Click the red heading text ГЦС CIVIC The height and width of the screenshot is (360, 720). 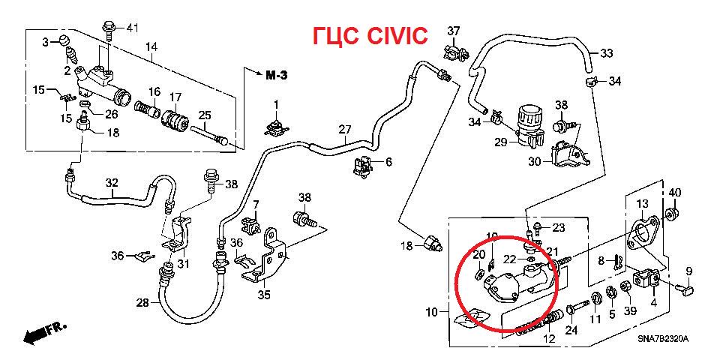click(x=371, y=36)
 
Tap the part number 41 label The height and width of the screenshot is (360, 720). click(x=132, y=28)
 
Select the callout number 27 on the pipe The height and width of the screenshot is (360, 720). click(x=344, y=128)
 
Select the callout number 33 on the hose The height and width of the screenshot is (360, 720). click(x=607, y=53)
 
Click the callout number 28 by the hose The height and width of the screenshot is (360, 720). click(x=142, y=302)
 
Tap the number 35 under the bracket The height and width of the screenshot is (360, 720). click(x=265, y=295)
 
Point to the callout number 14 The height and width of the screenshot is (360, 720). click(x=151, y=46)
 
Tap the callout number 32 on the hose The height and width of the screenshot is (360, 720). click(x=112, y=182)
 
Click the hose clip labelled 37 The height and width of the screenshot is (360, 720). click(x=452, y=52)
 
